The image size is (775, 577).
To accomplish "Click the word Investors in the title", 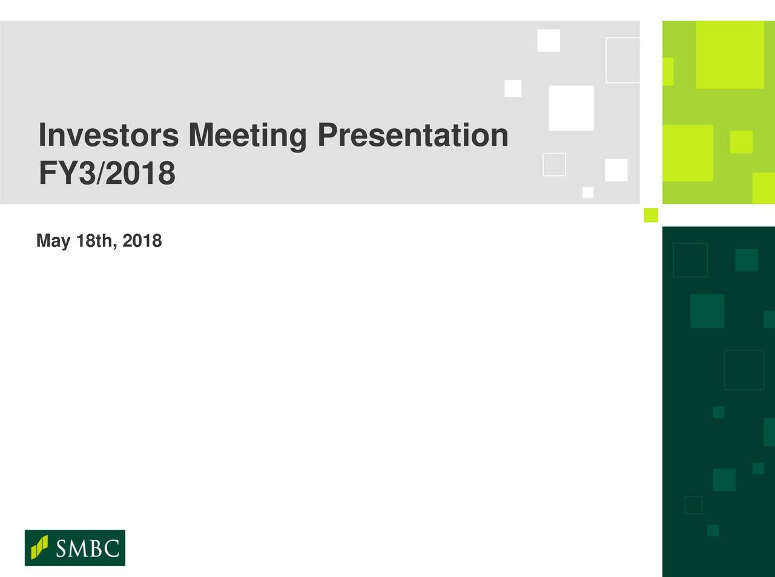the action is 109,135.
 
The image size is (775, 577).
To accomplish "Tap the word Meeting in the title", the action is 248,137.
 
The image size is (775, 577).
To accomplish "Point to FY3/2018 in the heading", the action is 107,172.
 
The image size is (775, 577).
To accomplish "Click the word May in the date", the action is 53,241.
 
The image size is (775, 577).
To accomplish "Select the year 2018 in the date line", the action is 142,241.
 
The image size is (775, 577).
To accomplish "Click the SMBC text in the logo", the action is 88,549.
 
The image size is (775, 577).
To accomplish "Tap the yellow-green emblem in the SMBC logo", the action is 39,547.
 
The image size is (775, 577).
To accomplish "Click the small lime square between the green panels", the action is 651,215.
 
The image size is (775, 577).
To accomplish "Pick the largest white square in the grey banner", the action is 572,108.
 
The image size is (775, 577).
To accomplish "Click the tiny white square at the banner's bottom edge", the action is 588,192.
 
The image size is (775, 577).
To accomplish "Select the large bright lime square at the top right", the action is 730,54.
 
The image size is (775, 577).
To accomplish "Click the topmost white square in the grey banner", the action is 549,41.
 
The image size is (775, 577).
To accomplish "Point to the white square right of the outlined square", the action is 616,170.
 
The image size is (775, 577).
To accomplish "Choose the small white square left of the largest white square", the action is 513,88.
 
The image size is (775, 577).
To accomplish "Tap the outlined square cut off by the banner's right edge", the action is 606,60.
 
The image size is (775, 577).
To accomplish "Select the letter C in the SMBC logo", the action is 111,549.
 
